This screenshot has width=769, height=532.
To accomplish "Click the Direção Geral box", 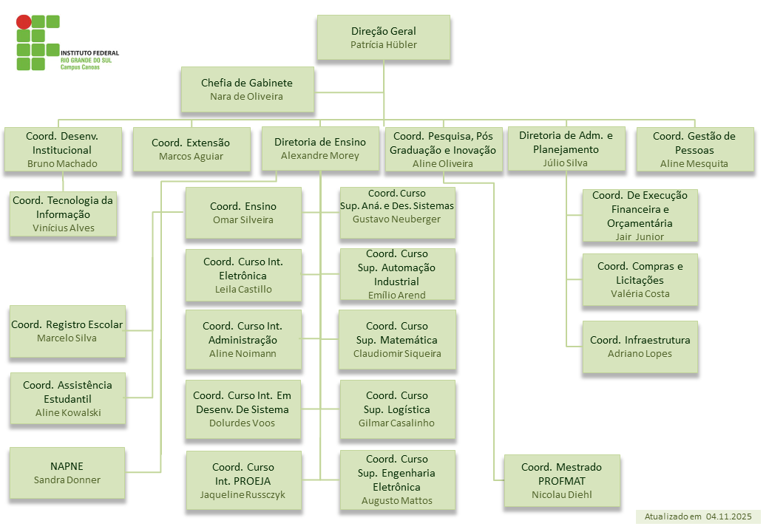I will tap(384, 38).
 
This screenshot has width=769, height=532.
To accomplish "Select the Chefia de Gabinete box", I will tap(247, 89).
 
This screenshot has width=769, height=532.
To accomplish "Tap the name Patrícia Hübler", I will tap(384, 44).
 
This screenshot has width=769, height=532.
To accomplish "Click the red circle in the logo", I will tap(24, 22).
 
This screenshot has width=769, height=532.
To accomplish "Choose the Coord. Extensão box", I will tap(191, 149).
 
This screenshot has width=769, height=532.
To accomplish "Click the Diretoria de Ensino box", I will tap(320, 149).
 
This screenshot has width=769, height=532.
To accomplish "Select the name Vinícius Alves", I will tap(64, 228).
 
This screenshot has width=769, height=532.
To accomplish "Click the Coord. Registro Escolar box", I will tap(67, 331).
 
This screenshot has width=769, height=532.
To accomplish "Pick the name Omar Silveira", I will tap(243, 219).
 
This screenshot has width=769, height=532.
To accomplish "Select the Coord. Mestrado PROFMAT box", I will tap(561, 481).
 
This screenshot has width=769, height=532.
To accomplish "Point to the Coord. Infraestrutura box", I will tap(640, 347).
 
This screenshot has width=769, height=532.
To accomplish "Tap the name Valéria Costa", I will tap(640, 293).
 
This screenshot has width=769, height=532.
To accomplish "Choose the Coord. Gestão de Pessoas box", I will tap(694, 149).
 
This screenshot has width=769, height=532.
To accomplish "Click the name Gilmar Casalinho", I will tap(396, 423).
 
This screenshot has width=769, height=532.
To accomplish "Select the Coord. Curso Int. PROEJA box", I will tap(243, 481).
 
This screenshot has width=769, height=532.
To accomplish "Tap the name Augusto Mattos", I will tap(397, 501).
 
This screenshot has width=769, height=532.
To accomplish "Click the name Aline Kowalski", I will tap(68, 412).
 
